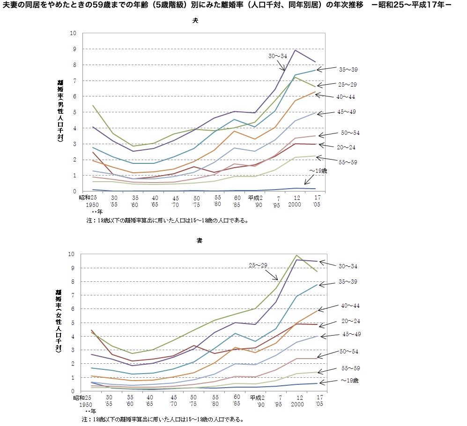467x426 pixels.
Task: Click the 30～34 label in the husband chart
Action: coord(277,56)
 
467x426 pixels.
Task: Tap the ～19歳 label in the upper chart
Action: coord(318,171)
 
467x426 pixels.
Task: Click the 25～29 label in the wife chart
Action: coord(258,265)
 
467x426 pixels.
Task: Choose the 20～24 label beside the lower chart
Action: coord(349,321)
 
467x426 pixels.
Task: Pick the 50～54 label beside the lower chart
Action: coord(349,351)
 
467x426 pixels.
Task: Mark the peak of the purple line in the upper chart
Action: coord(295,50)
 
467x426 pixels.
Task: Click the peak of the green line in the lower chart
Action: coord(296,255)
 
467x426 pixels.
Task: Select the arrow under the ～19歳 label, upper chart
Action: coord(309,179)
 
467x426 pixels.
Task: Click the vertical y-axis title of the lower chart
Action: coord(59,323)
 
